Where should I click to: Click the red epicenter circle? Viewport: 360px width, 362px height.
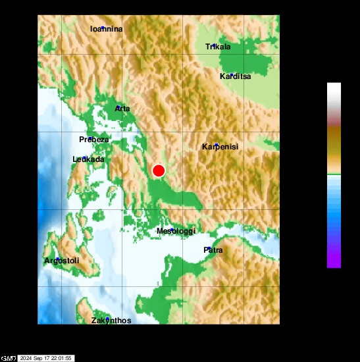click(158, 170)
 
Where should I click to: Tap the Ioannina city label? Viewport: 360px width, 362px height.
click(107, 29)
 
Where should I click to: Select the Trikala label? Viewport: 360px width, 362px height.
click(218, 47)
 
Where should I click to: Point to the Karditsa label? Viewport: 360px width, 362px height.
click(235, 76)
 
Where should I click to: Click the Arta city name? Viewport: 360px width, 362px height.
click(122, 108)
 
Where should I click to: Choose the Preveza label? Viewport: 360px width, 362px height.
click(94, 140)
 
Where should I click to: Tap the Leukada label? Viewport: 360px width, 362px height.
click(88, 159)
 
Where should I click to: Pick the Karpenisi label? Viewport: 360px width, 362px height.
click(220, 146)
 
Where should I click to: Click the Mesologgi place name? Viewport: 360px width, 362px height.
click(176, 231)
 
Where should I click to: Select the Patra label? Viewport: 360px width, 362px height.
click(213, 250)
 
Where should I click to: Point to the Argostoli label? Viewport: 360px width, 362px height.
click(61, 261)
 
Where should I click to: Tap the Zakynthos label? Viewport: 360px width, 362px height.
click(111, 321)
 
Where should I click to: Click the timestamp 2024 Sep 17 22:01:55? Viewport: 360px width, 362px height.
click(45, 358)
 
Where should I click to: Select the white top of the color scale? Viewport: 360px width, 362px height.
click(334, 86)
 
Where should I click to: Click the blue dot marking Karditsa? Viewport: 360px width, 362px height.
click(232, 74)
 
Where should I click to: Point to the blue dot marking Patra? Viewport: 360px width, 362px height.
click(208, 248)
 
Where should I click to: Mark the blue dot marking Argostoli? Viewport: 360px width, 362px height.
click(57, 259)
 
